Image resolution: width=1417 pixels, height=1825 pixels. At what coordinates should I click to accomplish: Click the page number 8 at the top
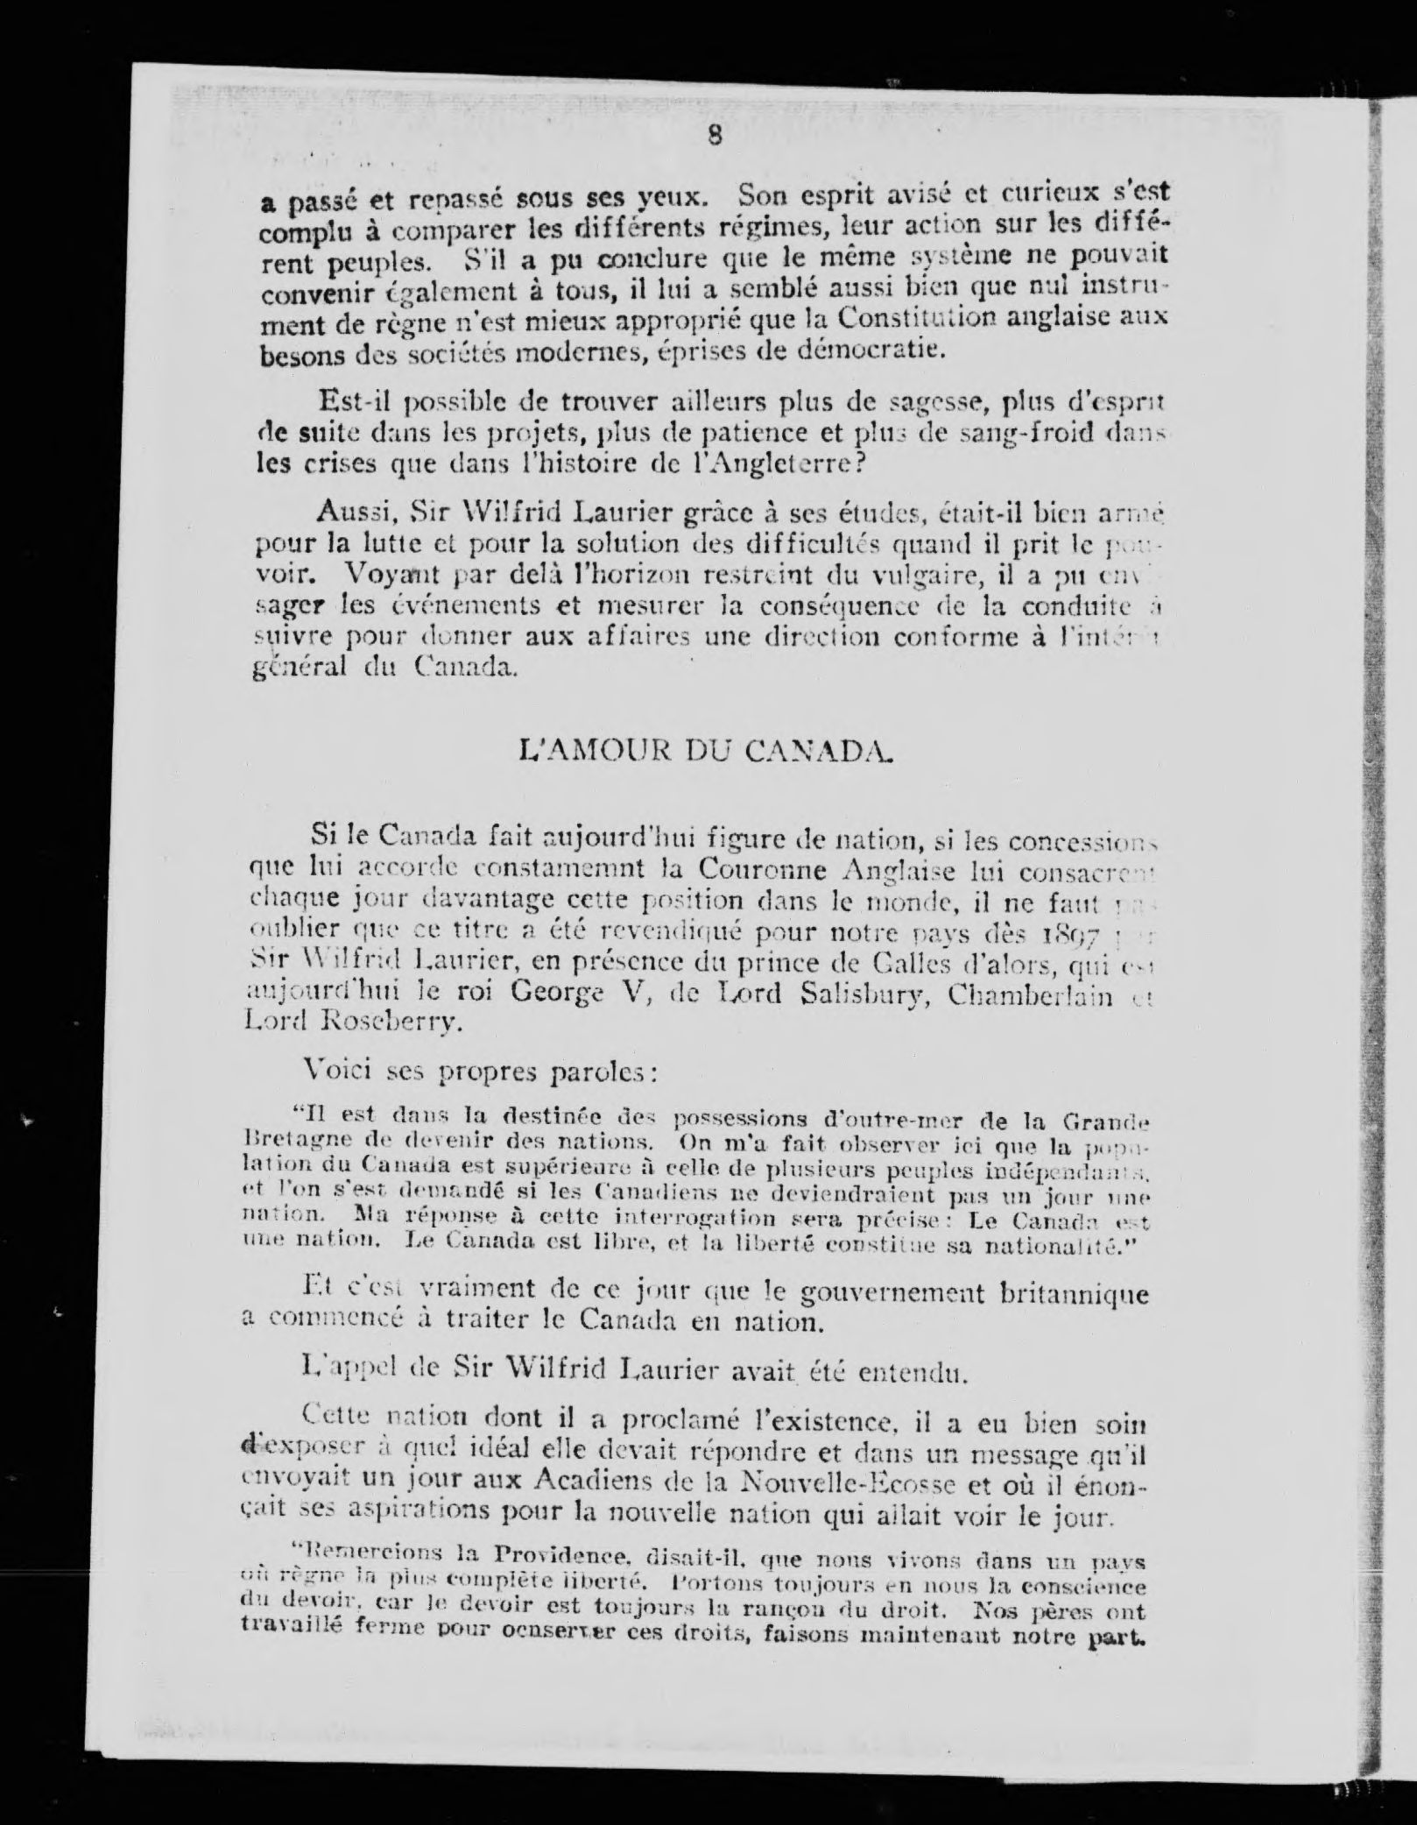pyautogui.click(x=716, y=136)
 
